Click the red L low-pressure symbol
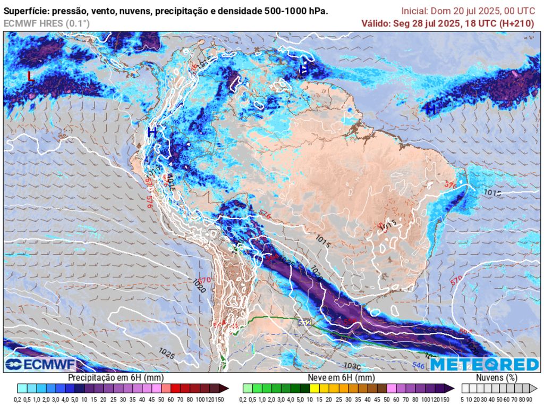coord(31,77)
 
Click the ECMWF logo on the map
coord(40,364)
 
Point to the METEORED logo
coord(484,364)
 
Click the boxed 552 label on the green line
coord(304,322)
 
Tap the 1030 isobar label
coord(352,366)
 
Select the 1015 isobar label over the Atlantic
coord(492,192)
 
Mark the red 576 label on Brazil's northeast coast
coord(450,184)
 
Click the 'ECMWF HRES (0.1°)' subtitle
coord(47,23)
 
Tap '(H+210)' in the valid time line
coord(517,23)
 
